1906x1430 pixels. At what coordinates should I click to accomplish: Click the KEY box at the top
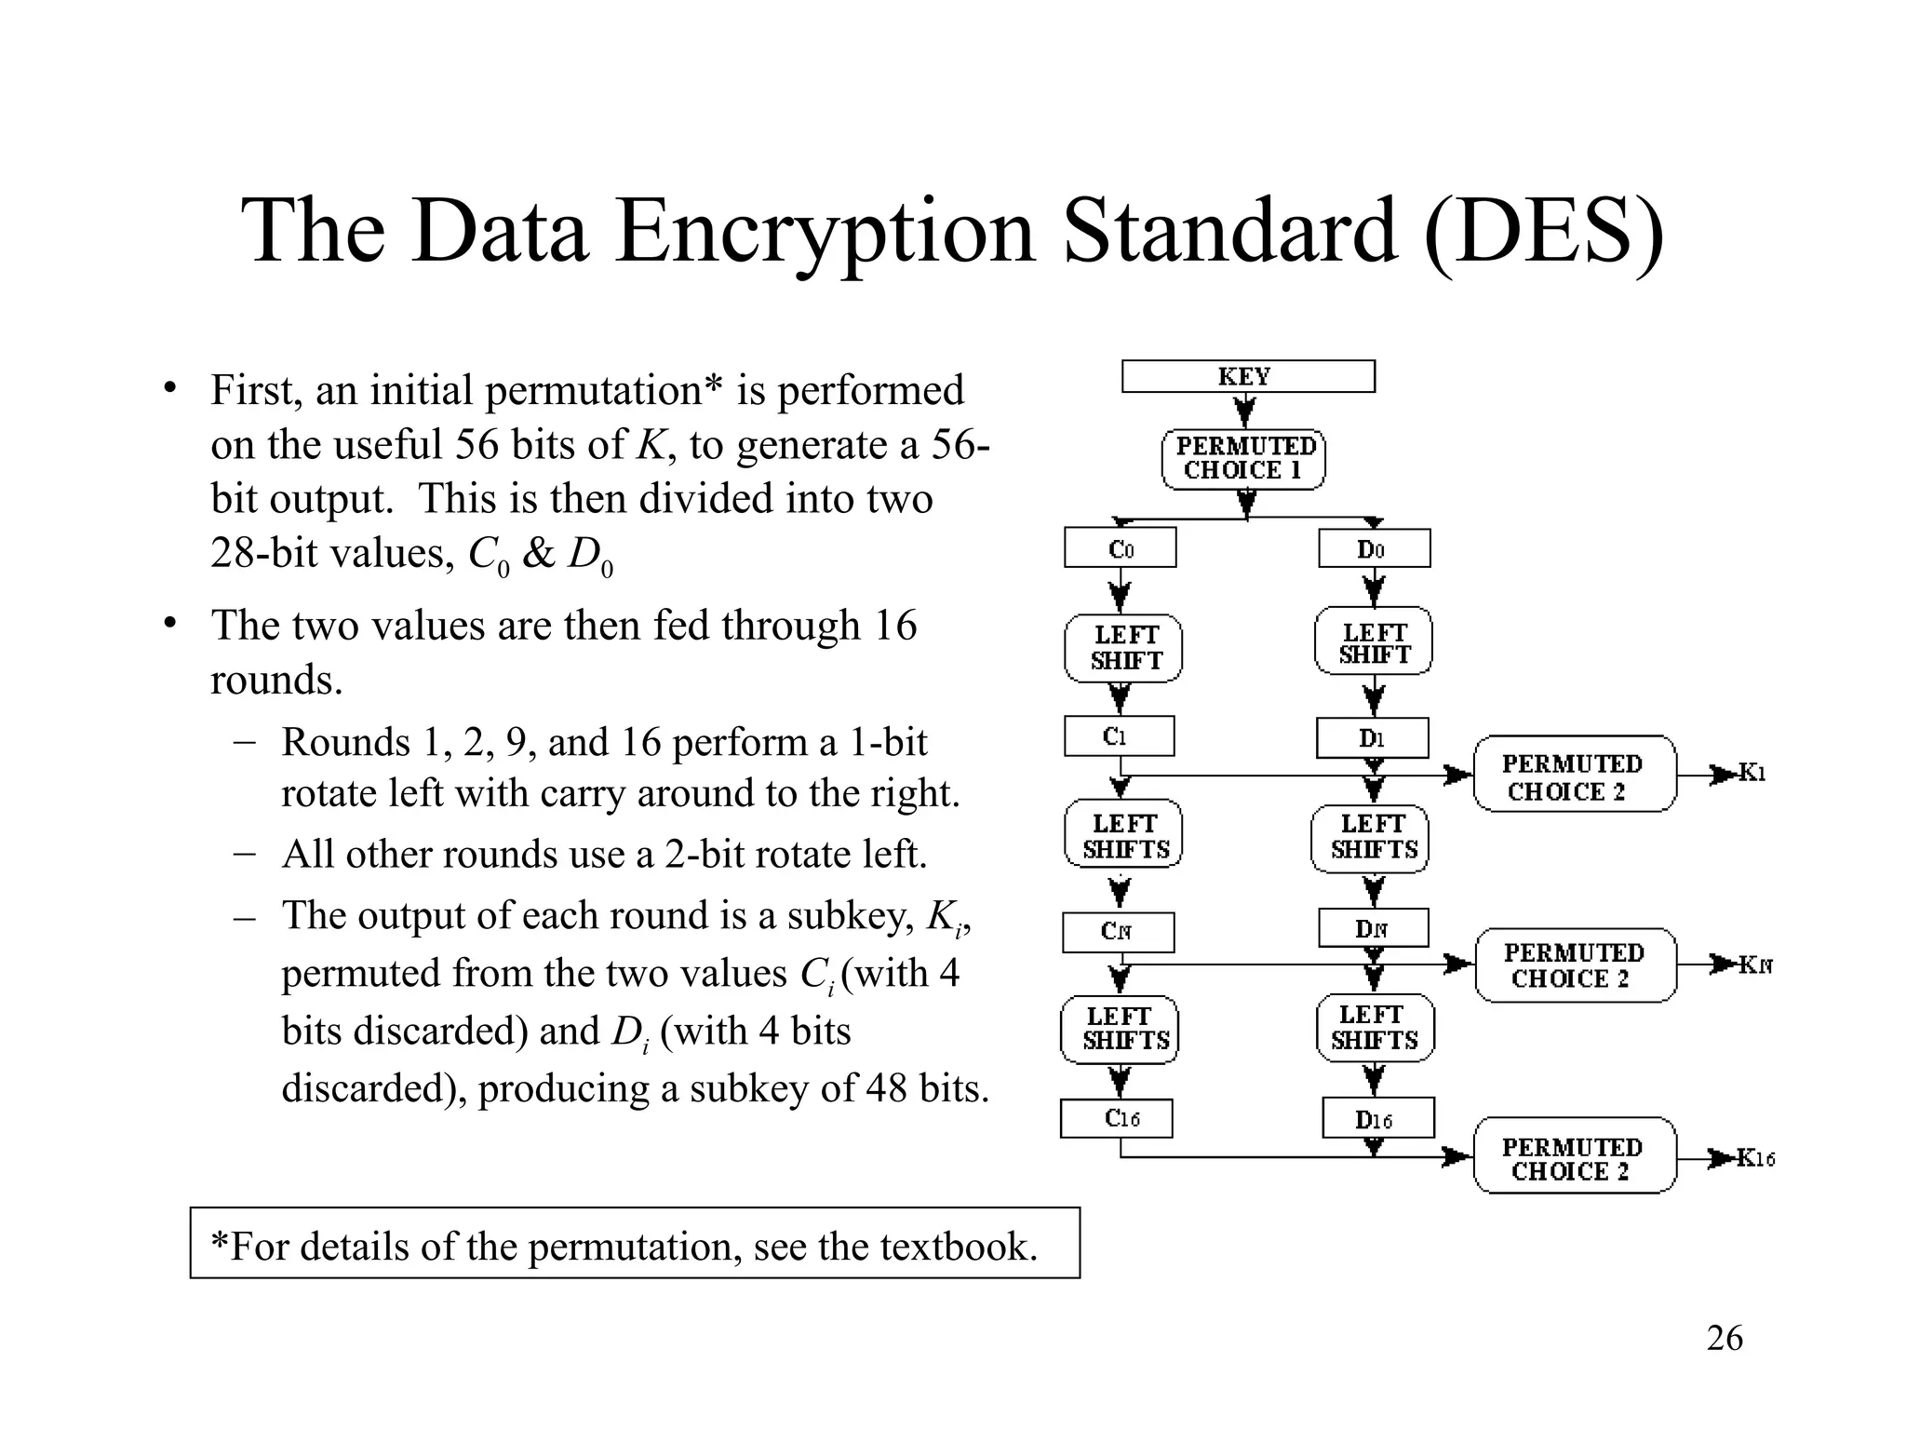(1247, 376)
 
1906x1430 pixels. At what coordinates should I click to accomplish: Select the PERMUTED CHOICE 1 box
(1243, 459)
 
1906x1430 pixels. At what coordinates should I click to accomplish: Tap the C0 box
(1121, 548)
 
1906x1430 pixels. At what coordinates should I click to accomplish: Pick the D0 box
(1374, 549)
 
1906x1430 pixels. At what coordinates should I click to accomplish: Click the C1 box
(1119, 736)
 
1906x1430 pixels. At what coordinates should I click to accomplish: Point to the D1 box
(1372, 738)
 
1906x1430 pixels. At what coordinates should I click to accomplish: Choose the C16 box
(1117, 1118)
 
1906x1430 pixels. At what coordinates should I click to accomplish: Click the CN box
(1118, 931)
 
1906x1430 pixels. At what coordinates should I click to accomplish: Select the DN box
(1373, 928)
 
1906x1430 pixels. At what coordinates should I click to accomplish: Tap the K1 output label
(1752, 774)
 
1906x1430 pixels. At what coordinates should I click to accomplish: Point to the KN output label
(1756, 965)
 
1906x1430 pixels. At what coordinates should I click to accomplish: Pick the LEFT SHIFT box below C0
(1123, 648)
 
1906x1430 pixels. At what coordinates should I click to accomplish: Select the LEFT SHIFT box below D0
(1374, 642)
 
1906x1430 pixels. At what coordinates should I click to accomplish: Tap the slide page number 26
(1725, 1339)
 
